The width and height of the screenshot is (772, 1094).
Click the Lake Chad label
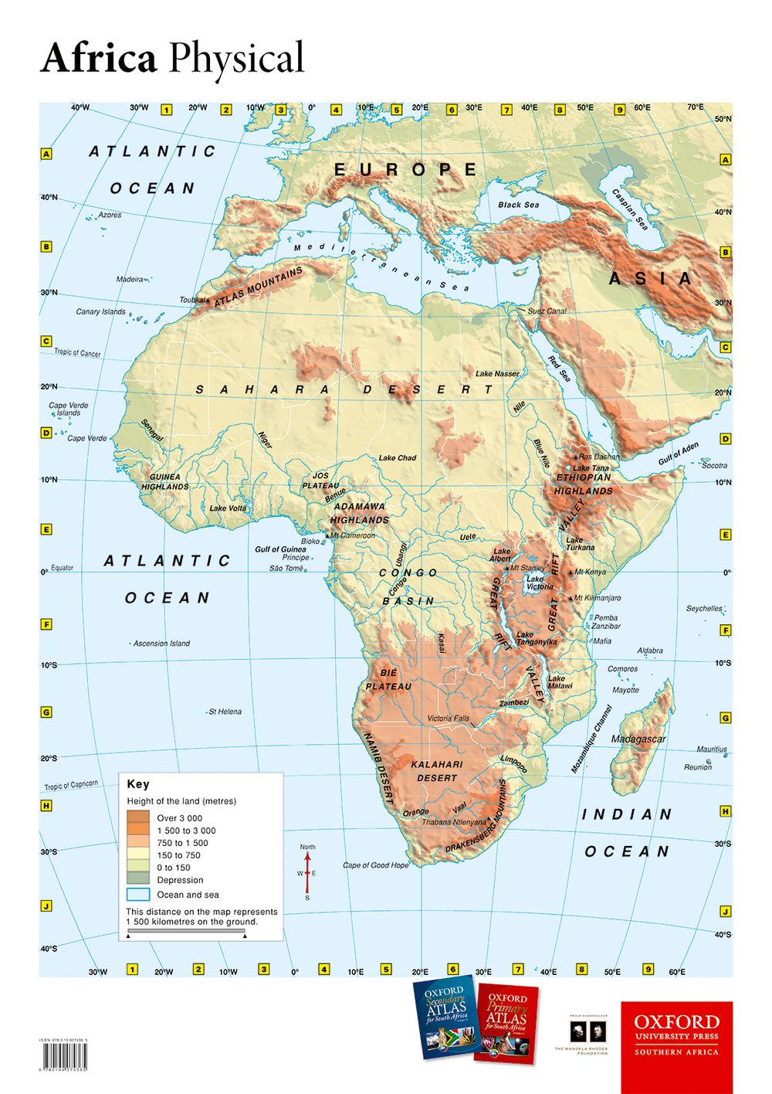click(x=397, y=458)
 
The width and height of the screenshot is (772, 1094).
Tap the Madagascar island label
click(x=638, y=739)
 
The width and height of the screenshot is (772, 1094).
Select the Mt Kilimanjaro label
click(x=597, y=598)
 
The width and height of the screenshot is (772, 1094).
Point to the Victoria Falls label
click(x=449, y=719)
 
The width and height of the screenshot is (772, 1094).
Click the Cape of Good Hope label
click(x=376, y=865)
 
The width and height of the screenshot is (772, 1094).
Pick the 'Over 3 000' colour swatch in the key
click(x=138, y=817)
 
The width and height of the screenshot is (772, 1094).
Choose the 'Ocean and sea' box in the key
click(x=138, y=895)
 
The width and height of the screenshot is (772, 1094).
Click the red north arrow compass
click(x=307, y=871)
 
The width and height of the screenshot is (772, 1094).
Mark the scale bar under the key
click(x=185, y=933)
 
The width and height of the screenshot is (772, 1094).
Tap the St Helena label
click(x=225, y=712)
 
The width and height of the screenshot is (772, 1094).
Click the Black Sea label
click(x=518, y=205)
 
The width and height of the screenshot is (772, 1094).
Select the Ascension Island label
click(x=161, y=644)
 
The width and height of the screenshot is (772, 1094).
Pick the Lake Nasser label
click(x=497, y=374)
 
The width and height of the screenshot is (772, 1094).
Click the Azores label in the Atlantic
click(x=110, y=215)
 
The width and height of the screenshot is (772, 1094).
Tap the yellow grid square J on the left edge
click(x=46, y=906)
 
